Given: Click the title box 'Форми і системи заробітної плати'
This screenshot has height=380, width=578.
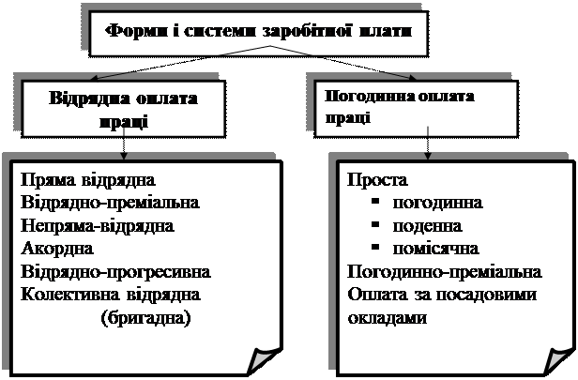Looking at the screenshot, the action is pyautogui.click(x=259, y=34).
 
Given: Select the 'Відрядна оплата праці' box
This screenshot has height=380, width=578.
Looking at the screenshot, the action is pyautogui.click(x=124, y=109).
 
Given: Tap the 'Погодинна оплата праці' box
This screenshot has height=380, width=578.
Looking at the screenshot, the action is pyautogui.click(x=417, y=109).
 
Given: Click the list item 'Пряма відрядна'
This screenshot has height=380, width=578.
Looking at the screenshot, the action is pyautogui.click(x=88, y=180).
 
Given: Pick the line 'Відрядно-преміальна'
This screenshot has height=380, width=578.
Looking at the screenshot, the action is pyautogui.click(x=110, y=203).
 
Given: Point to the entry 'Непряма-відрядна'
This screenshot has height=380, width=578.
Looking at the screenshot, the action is pyautogui.click(x=98, y=225).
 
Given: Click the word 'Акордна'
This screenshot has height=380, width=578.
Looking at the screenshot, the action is pyautogui.click(x=57, y=249).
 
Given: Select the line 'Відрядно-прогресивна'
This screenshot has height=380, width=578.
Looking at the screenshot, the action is pyautogui.click(x=115, y=272).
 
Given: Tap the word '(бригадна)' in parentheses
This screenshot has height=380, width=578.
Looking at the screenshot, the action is pyautogui.click(x=146, y=318).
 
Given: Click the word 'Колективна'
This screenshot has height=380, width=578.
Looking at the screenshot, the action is pyautogui.click(x=70, y=295).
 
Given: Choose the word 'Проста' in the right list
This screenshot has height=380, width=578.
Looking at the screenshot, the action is pyautogui.click(x=378, y=180).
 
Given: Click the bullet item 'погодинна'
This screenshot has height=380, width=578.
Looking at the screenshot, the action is pyautogui.click(x=437, y=203).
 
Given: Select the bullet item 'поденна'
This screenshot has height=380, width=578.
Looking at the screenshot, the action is pyautogui.click(x=427, y=226).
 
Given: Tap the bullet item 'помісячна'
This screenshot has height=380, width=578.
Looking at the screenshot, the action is pyautogui.click(x=435, y=249).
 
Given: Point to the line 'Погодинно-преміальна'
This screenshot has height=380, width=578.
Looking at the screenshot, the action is pyautogui.click(x=445, y=272).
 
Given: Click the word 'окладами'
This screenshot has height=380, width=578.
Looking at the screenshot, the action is pyautogui.click(x=387, y=318).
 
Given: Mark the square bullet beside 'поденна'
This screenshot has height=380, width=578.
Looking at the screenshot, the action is pyautogui.click(x=375, y=224).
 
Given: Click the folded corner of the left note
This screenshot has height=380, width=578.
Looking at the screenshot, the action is pyautogui.click(x=263, y=360).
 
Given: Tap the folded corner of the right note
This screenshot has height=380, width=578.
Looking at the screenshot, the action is pyautogui.click(x=558, y=360).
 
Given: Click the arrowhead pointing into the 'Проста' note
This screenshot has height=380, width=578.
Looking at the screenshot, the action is pyautogui.click(x=428, y=156).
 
